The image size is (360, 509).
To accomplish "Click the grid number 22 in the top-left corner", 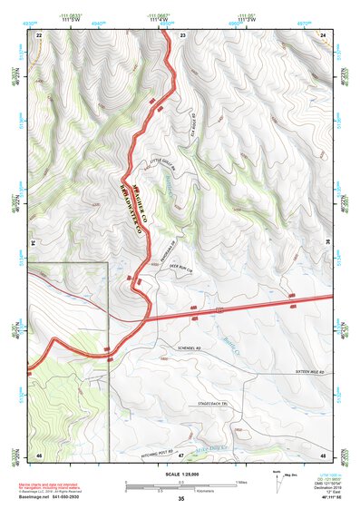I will (39, 34).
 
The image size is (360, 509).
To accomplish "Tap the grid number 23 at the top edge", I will (182, 34).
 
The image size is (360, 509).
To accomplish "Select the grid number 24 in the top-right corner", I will (324, 34).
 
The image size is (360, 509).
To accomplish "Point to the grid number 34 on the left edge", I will (34, 243).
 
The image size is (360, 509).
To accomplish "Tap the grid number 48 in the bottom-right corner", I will (323, 454).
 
